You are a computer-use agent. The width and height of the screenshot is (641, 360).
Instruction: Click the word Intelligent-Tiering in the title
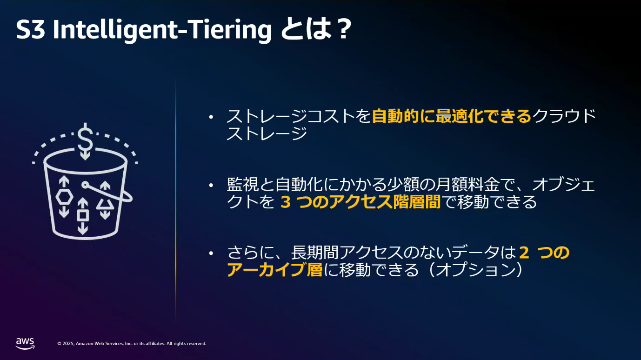click(x=162, y=30)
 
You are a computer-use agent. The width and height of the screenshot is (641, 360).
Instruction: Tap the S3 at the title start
click(x=30, y=30)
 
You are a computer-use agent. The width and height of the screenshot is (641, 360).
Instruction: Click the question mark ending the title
click(x=343, y=29)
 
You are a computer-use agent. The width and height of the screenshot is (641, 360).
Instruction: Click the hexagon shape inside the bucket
click(x=64, y=197)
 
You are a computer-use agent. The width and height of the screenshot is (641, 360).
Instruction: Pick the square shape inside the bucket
click(x=83, y=216)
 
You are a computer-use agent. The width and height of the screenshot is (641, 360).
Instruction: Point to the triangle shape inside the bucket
click(x=105, y=204)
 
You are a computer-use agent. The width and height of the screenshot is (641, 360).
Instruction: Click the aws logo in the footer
click(x=25, y=343)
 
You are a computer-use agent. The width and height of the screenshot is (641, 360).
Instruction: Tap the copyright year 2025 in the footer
click(x=68, y=343)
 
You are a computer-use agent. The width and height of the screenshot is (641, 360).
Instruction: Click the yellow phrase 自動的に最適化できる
click(x=452, y=116)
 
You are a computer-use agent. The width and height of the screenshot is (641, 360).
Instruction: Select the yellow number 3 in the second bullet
click(x=286, y=202)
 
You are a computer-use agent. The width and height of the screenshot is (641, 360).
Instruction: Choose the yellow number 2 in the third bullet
click(x=524, y=253)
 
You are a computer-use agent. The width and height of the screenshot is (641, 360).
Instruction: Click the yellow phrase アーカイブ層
click(x=275, y=270)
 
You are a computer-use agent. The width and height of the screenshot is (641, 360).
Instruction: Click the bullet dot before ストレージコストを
click(x=211, y=117)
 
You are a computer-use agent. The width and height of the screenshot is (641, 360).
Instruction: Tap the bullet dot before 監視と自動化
click(x=211, y=185)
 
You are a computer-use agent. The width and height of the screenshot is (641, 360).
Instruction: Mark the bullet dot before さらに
click(x=211, y=253)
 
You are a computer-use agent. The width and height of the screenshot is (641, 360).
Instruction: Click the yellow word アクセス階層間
click(x=385, y=202)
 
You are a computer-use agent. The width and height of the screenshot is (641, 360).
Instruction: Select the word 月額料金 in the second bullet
click(x=467, y=184)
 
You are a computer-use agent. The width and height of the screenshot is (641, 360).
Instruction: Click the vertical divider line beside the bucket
click(x=176, y=200)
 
